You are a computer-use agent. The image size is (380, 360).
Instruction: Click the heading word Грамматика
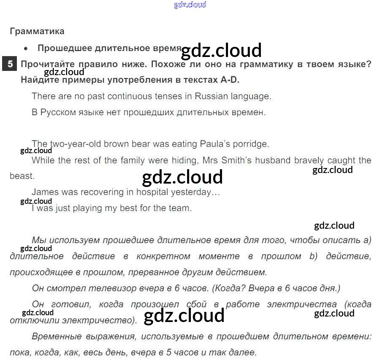pyautogui.click(x=37, y=31)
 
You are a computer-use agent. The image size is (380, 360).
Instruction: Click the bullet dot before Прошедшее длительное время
pyautogui.click(x=26, y=49)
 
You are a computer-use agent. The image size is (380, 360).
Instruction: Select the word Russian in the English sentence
pyautogui.click(x=212, y=96)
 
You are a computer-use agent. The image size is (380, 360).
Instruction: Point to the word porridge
pyautogui.click(x=250, y=144)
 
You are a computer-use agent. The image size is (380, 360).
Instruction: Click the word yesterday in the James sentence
pyautogui.click(x=192, y=192)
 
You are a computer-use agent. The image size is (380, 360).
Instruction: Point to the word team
pyautogui.click(x=181, y=208)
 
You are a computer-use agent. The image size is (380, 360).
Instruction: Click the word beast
pyautogui.click(x=21, y=176)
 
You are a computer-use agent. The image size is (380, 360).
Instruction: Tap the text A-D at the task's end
pyautogui.click(x=233, y=80)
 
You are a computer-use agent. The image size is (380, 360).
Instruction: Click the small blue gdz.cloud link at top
pyautogui.click(x=190, y=5)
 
